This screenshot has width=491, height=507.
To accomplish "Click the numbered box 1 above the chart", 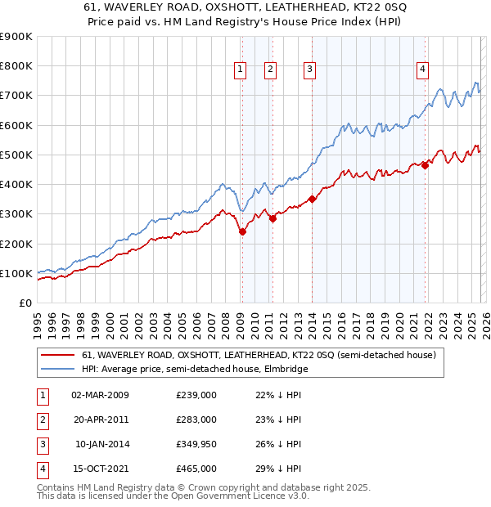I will pyautogui.click(x=241, y=70).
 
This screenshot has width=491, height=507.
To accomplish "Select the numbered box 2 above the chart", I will pyautogui.click(x=270, y=70).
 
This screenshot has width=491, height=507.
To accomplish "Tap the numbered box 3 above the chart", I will pyautogui.click(x=310, y=70).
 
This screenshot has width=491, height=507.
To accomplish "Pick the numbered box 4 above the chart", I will pyautogui.click(x=422, y=70).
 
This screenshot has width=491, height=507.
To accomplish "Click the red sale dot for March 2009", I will pyautogui.click(x=242, y=232).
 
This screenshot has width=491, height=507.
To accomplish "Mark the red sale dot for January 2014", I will pyautogui.click(x=312, y=199).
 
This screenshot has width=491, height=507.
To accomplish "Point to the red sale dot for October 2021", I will pyautogui.click(x=426, y=165).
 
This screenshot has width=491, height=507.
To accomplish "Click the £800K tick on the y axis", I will pyautogui.click(x=16, y=66).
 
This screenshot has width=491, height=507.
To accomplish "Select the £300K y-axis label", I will pyautogui.click(x=16, y=214).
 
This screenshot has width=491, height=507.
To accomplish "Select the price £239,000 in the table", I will pyautogui.click(x=196, y=395).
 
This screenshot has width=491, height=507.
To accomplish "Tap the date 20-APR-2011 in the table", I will pyautogui.click(x=101, y=420).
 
